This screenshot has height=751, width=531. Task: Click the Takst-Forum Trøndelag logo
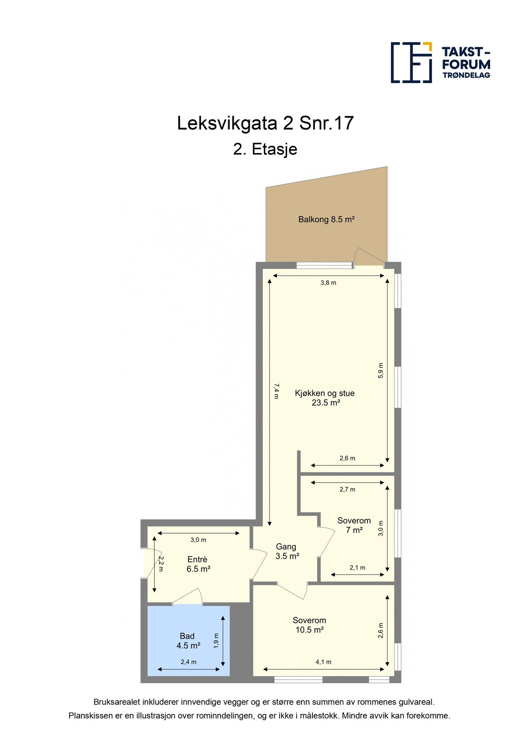coord(440,63)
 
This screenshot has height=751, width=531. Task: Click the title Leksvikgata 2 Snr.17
coord(265,123)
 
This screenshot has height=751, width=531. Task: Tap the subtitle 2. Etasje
coord(265,149)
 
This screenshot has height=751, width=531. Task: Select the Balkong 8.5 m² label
coord(326,219)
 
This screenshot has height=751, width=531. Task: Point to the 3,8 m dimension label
coord(328,283)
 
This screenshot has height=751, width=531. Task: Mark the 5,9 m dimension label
coord(380,370)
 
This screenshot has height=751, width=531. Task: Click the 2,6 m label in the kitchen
coord(347,458)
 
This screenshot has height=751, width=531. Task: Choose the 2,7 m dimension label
coord(347,489)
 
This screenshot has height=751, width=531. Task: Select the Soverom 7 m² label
coord(354,525)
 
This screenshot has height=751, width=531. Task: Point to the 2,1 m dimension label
coord(357,567)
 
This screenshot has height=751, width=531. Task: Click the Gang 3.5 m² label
coord(287,551)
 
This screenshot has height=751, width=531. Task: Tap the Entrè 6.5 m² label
coord(198,564)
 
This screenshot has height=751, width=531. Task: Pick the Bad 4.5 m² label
coord(188,641)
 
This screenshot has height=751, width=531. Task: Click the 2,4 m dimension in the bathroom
coord(189,662)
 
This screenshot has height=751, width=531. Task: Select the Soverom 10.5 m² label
coord(310,625)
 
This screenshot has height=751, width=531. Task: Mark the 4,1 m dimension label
coord(323,662)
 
